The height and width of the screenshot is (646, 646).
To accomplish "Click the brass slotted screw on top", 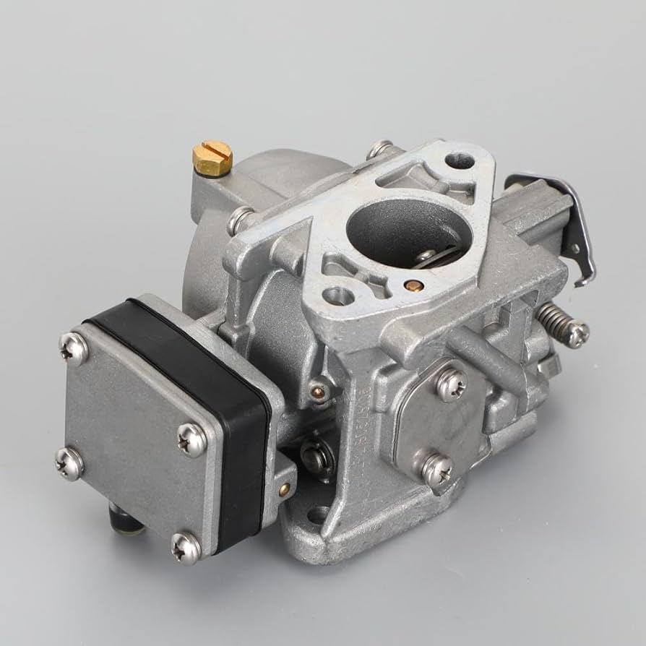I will coord(212,156).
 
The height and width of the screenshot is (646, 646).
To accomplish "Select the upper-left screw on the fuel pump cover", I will coord(74,348).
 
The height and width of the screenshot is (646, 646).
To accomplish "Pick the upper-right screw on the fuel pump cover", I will coord(192,438).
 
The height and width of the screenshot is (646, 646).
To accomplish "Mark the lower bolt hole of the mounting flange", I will coord(335,295).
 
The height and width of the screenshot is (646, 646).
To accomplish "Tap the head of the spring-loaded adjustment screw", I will coord(577,333).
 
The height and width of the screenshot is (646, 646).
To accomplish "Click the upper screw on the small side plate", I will coord(452,382).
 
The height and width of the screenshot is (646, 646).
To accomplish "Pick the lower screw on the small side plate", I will coord(437,470).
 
